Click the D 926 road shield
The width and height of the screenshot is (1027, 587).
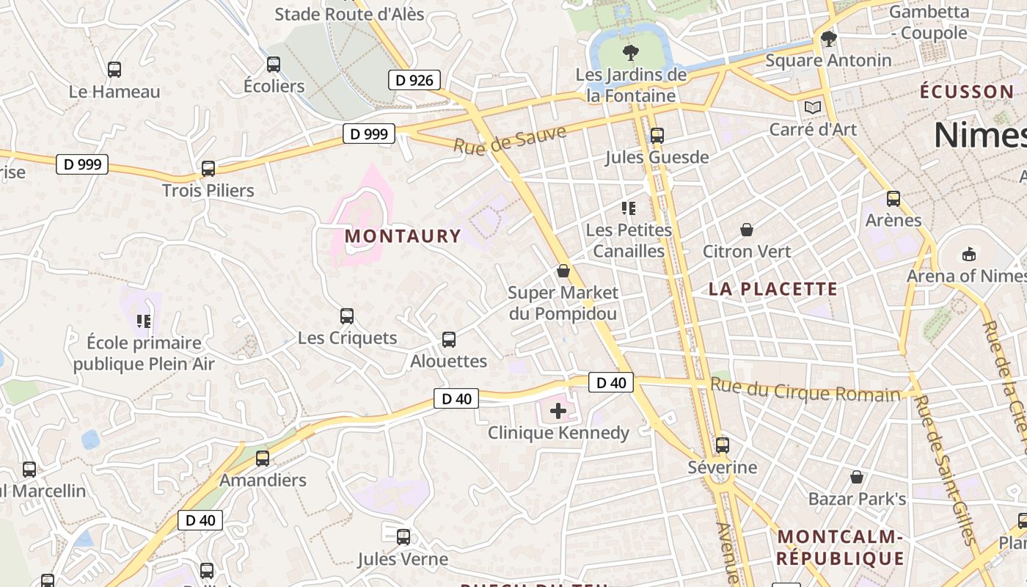[414, 80]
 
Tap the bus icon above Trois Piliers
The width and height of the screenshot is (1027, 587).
[208, 169]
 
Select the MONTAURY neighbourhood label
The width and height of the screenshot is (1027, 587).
[403, 236]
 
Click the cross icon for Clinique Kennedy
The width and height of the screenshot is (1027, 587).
[558, 411]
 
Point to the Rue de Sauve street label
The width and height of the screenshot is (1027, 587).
[510, 139]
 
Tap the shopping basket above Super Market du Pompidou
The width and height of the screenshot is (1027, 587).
[563, 271]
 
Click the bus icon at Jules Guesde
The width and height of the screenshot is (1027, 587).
[657, 135]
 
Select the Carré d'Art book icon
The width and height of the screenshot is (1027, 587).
[813, 108]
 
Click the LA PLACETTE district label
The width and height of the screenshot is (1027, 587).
[773, 289]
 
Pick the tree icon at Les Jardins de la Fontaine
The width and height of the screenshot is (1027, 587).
[630, 52]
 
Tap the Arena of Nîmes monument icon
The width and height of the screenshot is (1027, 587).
[969, 254]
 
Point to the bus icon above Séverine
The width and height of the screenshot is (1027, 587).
[723, 445]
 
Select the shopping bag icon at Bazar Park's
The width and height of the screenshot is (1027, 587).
[857, 477]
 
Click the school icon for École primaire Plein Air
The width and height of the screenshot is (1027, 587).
[144, 321]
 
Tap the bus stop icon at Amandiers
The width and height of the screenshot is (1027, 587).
[263, 459]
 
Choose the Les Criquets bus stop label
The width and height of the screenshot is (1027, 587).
[347, 338]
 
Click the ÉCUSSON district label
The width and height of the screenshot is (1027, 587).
[966, 92]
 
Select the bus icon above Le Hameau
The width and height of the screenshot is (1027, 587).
[114, 70]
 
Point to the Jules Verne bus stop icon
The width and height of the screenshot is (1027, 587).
[403, 536]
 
